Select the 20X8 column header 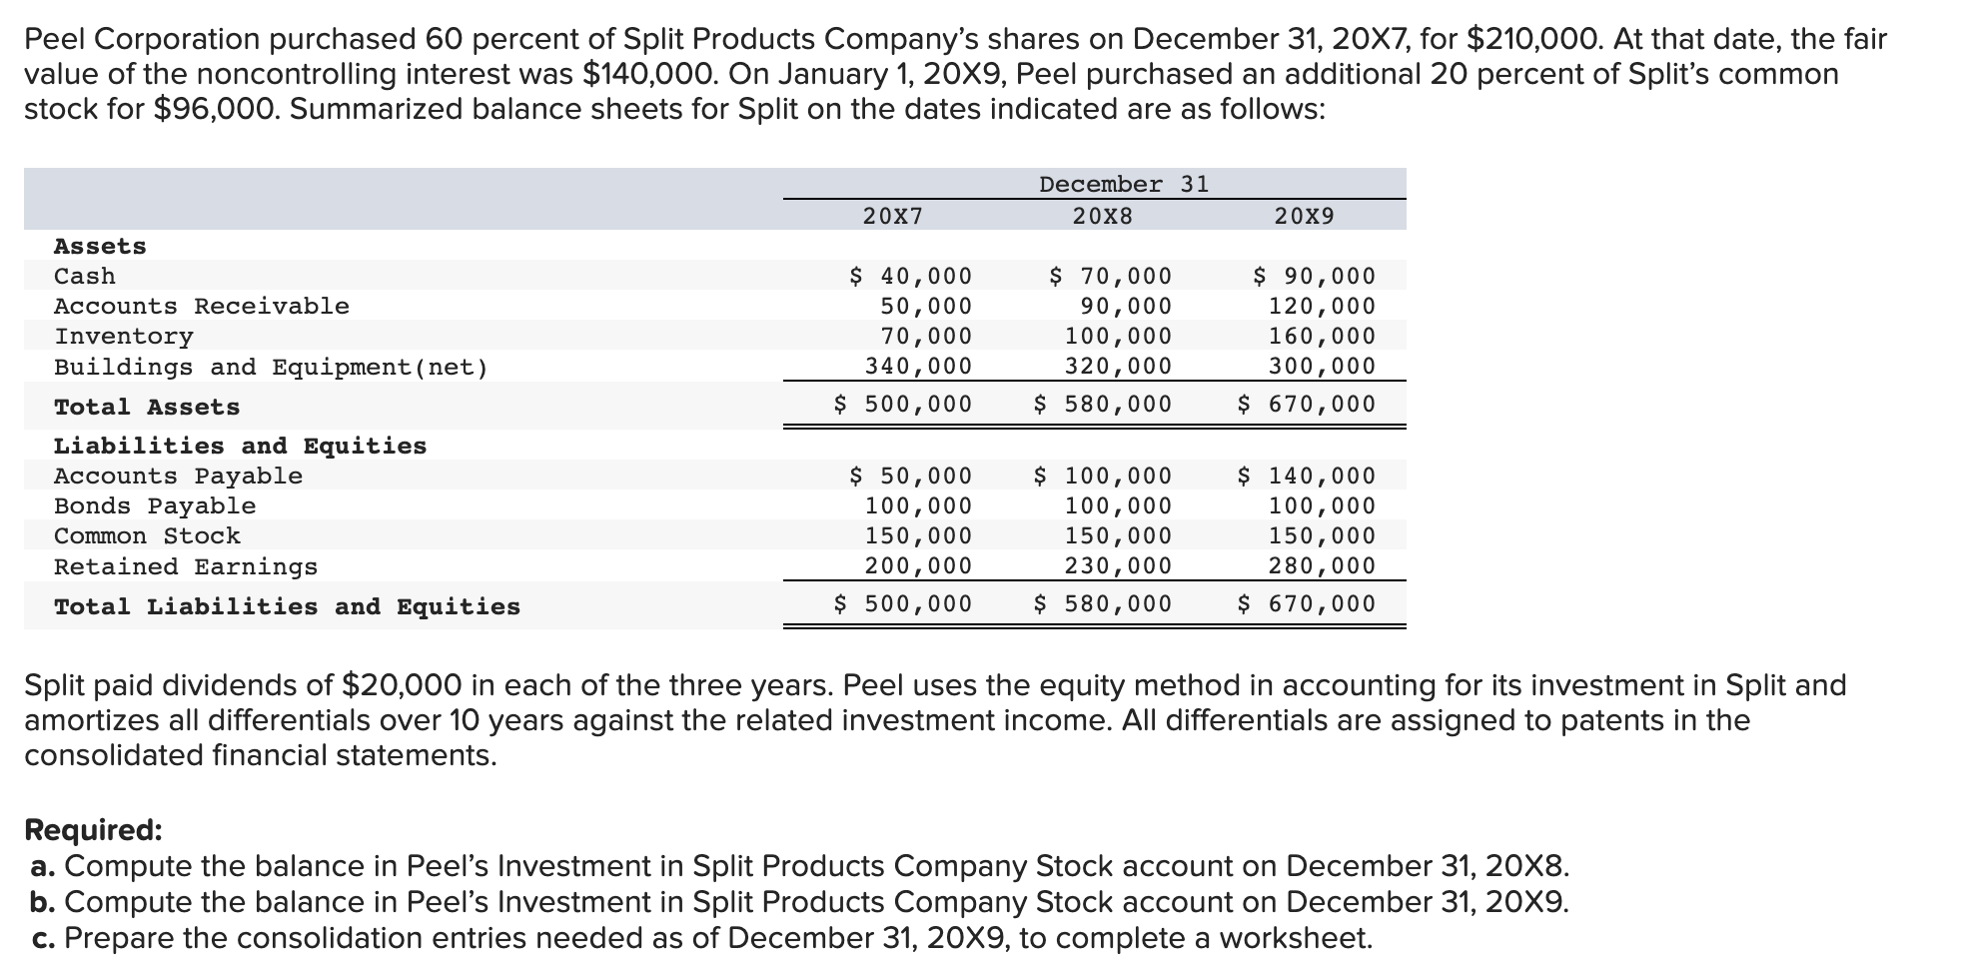(x=1103, y=216)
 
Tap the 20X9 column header (x=1305, y=216)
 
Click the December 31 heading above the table (x=1124, y=185)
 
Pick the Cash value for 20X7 (x=910, y=276)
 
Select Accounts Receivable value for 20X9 (x=1322, y=306)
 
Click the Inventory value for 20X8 (x=1118, y=336)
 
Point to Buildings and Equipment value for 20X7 (x=918, y=366)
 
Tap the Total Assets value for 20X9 (x=1307, y=404)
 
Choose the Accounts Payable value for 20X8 (x=1103, y=476)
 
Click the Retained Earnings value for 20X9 (x=1322, y=565)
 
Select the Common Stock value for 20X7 (x=918, y=535)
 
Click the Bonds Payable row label (x=155, y=506)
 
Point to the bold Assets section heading (x=100, y=247)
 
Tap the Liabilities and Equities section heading (x=240, y=447)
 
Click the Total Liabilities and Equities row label (x=287, y=606)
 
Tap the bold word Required (x=93, y=830)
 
